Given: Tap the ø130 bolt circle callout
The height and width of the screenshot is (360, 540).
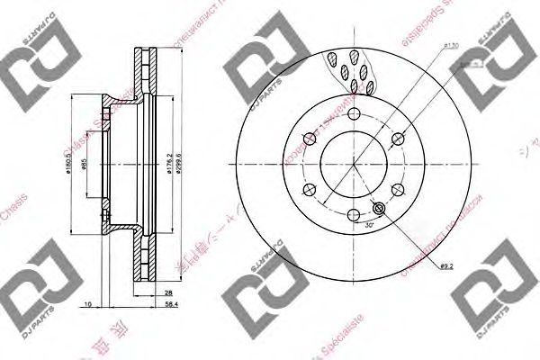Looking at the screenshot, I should (x=453, y=46).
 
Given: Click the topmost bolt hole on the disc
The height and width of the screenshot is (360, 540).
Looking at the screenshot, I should (x=353, y=114).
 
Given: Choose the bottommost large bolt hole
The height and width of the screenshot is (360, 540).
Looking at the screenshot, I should (x=353, y=215).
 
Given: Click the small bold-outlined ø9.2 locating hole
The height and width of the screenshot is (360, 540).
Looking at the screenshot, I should (x=378, y=210).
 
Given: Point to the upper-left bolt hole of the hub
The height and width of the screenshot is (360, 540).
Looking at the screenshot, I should (x=310, y=139).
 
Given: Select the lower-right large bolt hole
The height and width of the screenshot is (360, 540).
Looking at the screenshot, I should (x=397, y=190).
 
